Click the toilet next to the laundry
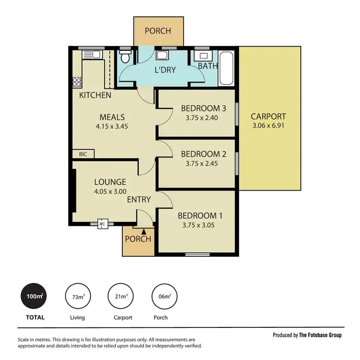tap(125, 58)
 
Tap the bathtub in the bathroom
tap(227, 68)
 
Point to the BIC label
tap(83, 154)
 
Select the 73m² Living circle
tap(78, 298)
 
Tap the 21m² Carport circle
tap(121, 298)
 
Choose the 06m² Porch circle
tap(165, 298)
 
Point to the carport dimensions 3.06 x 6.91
tap(268, 126)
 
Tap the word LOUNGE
tap(110, 182)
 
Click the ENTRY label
tap(139, 199)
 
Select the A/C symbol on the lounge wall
tap(102, 223)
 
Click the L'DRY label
tap(165, 70)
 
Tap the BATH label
tap(207, 66)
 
